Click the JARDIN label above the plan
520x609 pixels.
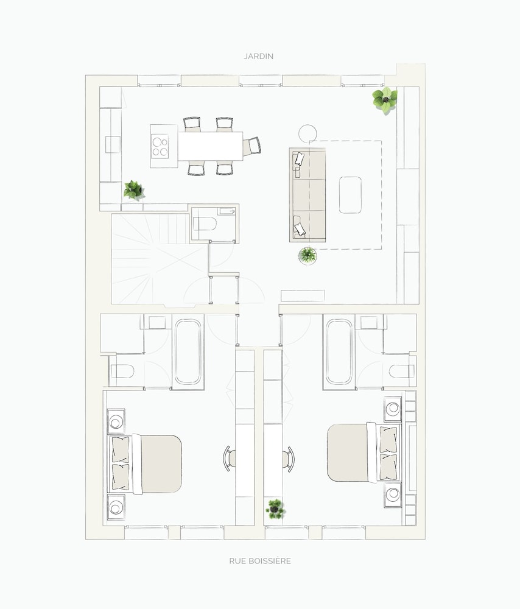pos(259,56)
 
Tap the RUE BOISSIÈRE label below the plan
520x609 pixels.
pos(260,561)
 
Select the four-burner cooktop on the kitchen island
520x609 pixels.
pos(160,146)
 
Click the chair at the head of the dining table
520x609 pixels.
pos(253,146)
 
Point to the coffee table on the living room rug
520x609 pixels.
pos(350,195)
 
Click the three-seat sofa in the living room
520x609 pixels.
pos(307,195)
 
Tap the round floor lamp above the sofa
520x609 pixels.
pos(308,133)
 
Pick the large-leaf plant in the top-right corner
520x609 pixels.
pos(385,100)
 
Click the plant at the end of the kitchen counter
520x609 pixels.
pos(134,190)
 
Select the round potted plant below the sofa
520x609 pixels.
pos(307,256)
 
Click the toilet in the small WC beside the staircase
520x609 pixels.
pos(205,224)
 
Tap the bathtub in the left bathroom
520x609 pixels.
pos(188,352)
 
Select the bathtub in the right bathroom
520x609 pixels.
pos(339,352)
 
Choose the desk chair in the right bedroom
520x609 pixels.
pos(288,459)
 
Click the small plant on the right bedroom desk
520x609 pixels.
pos(276,509)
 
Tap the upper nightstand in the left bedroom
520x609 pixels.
pos(116,421)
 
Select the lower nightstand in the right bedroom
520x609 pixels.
pos(393,495)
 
